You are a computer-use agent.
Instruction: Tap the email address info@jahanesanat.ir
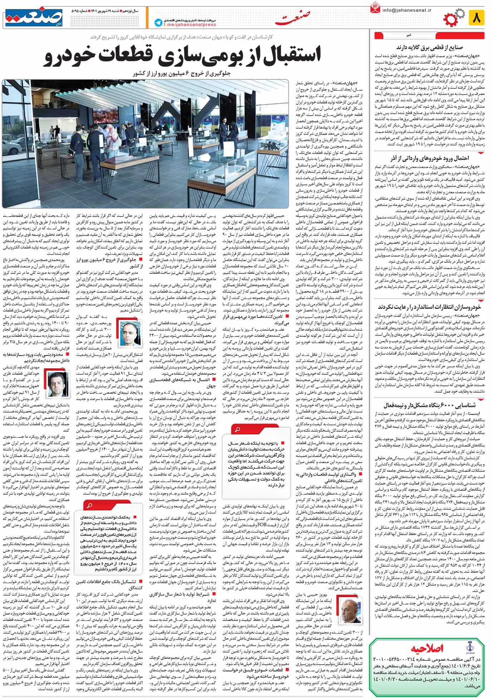[406, 10]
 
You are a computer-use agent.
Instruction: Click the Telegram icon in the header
[158, 23]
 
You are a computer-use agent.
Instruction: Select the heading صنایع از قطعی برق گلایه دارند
[429, 47]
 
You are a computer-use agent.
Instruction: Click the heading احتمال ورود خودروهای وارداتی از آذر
[429, 158]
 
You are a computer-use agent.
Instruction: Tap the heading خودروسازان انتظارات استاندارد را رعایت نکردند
[429, 307]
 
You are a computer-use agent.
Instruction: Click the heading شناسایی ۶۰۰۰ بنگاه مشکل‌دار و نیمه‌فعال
[429, 406]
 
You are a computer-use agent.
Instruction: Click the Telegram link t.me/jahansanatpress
[190, 25]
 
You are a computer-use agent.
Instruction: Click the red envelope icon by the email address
[375, 8]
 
